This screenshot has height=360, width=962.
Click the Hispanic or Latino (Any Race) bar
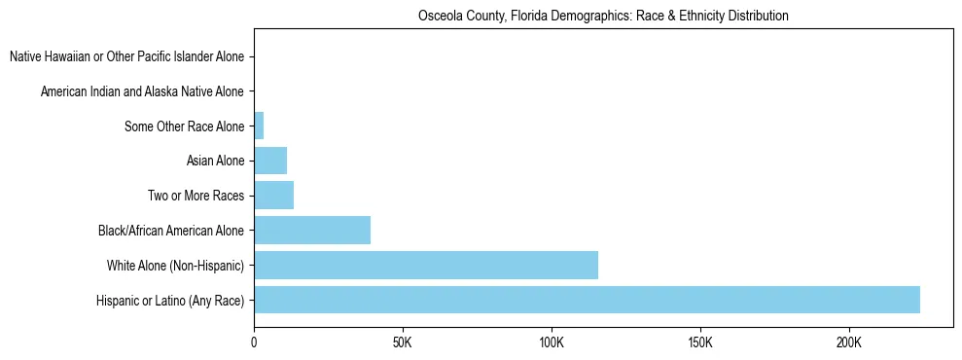point(587,300)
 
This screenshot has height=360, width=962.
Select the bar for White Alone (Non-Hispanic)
point(426,265)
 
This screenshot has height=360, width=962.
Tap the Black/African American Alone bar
point(312,230)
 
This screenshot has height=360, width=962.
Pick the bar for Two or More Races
point(273,196)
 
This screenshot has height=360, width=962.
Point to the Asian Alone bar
point(270,161)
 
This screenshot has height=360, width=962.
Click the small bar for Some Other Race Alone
point(259,126)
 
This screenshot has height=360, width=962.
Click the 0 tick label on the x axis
point(254,343)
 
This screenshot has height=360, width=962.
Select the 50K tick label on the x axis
point(402,343)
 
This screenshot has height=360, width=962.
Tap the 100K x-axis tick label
point(551,343)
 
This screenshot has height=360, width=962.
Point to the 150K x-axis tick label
point(699,343)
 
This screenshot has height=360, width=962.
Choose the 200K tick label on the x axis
point(848,343)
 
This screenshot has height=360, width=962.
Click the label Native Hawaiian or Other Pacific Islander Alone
point(126,56)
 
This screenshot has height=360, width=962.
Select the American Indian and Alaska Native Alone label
point(142,91)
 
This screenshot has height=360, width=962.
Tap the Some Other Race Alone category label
point(184,126)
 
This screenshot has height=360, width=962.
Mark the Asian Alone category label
point(215,161)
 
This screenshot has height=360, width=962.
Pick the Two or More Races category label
point(196,196)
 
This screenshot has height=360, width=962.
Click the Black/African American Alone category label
point(171,231)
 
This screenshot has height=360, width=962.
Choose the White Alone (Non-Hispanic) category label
point(175,266)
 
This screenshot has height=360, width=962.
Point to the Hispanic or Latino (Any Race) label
point(170,301)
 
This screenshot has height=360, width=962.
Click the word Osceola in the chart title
point(439,17)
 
